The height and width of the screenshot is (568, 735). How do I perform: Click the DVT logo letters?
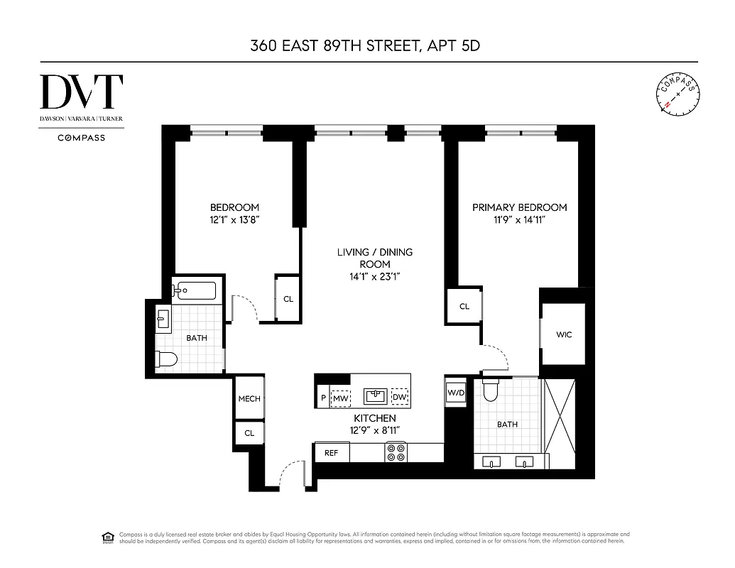81,92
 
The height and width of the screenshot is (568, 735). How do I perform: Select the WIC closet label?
564,334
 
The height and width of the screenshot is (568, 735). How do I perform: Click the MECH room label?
249,399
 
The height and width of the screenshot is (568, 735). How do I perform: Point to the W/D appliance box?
455,393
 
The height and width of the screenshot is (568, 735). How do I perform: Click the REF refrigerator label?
332,452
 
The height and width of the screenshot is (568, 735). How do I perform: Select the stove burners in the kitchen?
396,452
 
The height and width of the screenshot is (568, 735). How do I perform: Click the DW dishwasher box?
401,397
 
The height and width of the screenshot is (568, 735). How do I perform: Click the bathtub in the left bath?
194,290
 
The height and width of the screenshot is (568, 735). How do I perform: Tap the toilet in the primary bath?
491,390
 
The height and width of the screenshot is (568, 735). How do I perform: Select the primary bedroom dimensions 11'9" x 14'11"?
520,220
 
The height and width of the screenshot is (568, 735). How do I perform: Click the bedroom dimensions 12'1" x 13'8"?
234,220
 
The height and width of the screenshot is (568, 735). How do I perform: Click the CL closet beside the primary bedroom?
464,307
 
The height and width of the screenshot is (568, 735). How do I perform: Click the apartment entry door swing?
290,475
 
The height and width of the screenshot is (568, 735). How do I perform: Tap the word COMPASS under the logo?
81,138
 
